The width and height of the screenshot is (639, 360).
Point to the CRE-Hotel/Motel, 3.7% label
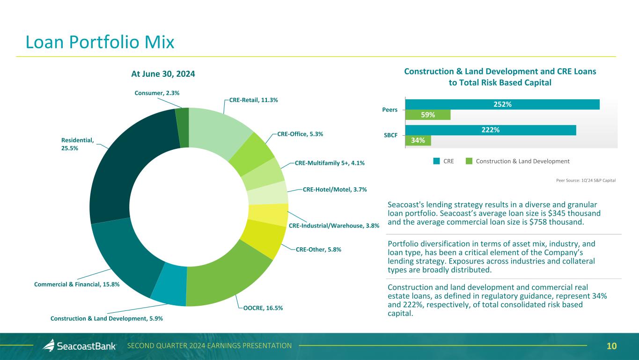(334, 190)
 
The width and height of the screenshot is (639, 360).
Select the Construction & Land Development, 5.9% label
(107, 318)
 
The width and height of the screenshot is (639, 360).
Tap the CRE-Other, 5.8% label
(318, 250)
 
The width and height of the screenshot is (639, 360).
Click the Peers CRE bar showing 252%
(502, 104)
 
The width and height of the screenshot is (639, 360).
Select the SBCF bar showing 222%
(490, 130)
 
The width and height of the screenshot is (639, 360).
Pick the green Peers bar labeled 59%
(427, 115)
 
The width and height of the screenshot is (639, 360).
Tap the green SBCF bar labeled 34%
(418, 140)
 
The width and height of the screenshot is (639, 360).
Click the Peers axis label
(390, 110)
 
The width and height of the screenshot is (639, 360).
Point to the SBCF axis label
(390, 135)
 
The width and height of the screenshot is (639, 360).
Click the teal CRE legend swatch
(436, 161)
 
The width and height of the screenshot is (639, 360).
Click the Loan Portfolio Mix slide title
(100, 43)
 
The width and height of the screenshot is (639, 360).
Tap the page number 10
(611, 346)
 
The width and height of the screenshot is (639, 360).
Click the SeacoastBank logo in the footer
(80, 346)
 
